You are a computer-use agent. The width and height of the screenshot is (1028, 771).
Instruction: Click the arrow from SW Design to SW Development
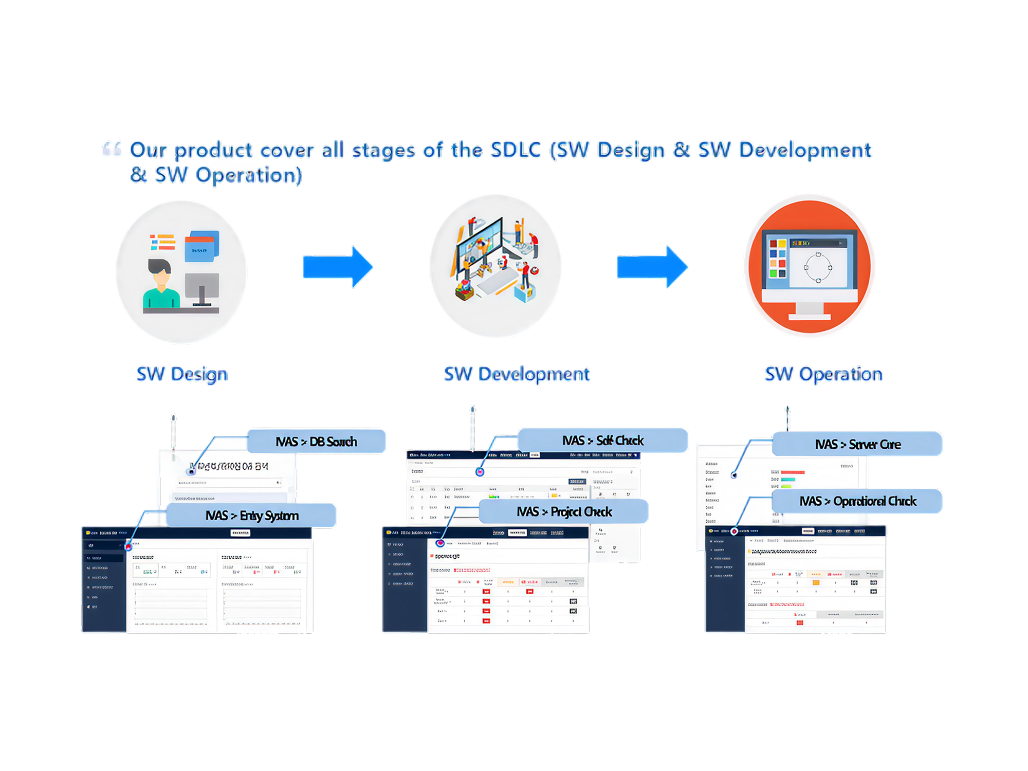pyautogui.click(x=337, y=267)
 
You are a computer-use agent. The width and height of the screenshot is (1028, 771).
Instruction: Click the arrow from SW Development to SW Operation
pyautogui.click(x=652, y=267)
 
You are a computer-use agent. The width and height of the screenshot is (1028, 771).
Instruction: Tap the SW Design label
pyautogui.click(x=182, y=374)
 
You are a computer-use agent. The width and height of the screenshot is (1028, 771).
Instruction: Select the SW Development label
pyautogui.click(x=517, y=374)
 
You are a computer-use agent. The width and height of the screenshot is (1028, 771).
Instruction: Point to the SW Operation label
pyautogui.click(x=823, y=374)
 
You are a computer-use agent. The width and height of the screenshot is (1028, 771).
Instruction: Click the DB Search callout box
pyautogui.click(x=316, y=442)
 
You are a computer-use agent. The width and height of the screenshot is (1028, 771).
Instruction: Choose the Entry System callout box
pyautogui.click(x=251, y=516)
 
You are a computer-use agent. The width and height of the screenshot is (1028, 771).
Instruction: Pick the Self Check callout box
pyautogui.click(x=602, y=440)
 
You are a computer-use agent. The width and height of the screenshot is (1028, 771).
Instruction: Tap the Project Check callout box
pyautogui.click(x=564, y=512)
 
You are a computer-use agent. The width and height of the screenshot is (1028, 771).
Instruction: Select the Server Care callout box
pyautogui.click(x=857, y=444)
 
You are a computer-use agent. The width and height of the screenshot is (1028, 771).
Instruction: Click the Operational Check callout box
pyautogui.click(x=857, y=501)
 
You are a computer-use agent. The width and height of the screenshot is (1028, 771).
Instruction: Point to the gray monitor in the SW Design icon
pyautogui.click(x=202, y=286)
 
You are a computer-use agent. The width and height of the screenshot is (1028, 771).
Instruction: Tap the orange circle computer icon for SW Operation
pyautogui.click(x=810, y=266)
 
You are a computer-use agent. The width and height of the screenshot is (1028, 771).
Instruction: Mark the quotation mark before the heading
pyautogui.click(x=112, y=149)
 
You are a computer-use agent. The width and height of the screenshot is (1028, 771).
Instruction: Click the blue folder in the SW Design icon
pyautogui.click(x=202, y=247)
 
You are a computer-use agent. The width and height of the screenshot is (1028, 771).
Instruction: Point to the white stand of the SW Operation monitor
pyautogui.click(x=810, y=310)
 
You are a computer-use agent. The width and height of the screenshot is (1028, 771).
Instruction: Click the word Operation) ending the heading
pyautogui.click(x=249, y=175)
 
